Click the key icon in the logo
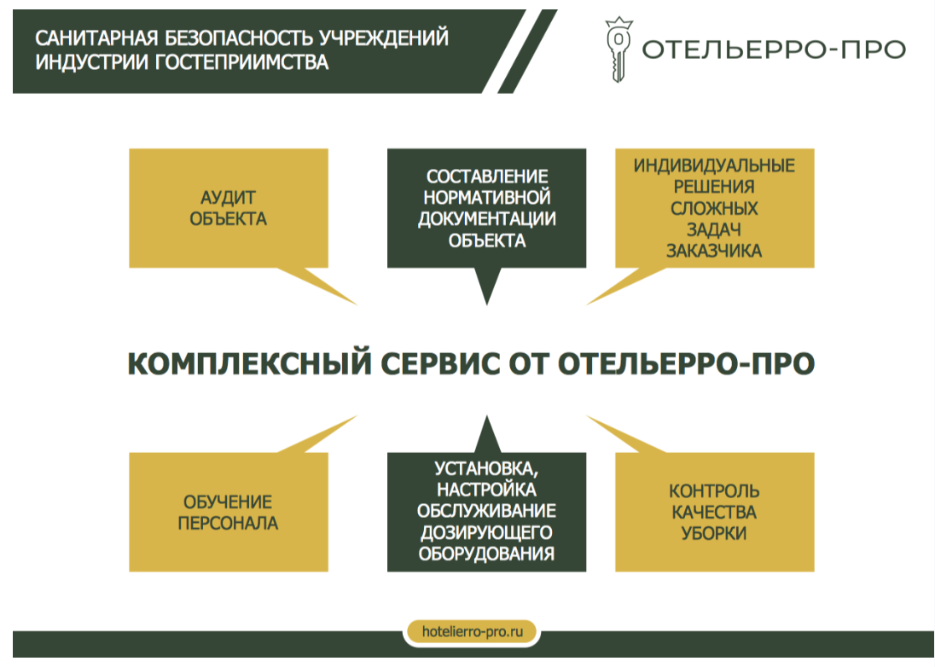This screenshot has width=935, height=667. [618, 49]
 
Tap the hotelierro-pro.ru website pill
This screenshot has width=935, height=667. [472, 631]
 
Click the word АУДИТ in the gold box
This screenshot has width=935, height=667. [228, 197]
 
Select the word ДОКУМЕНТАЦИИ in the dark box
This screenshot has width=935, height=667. [486, 218]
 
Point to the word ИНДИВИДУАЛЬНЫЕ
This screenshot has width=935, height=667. [714, 165]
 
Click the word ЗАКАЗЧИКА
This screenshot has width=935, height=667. [714, 251]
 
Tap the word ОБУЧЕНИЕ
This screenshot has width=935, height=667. [228, 502]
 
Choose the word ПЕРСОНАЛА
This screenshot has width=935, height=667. [228, 524]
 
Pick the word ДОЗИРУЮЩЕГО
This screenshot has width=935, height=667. [486, 532]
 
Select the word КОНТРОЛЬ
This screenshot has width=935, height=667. [714, 491]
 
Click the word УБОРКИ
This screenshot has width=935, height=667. [714, 533]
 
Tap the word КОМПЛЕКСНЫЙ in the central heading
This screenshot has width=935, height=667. [250, 363]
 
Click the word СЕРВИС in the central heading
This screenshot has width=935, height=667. [440, 363]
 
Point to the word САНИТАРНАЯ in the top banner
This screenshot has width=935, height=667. [96, 38]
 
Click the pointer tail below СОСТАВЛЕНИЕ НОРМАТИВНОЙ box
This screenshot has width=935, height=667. [487, 286]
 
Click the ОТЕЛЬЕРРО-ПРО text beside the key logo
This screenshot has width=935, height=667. [774, 49]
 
